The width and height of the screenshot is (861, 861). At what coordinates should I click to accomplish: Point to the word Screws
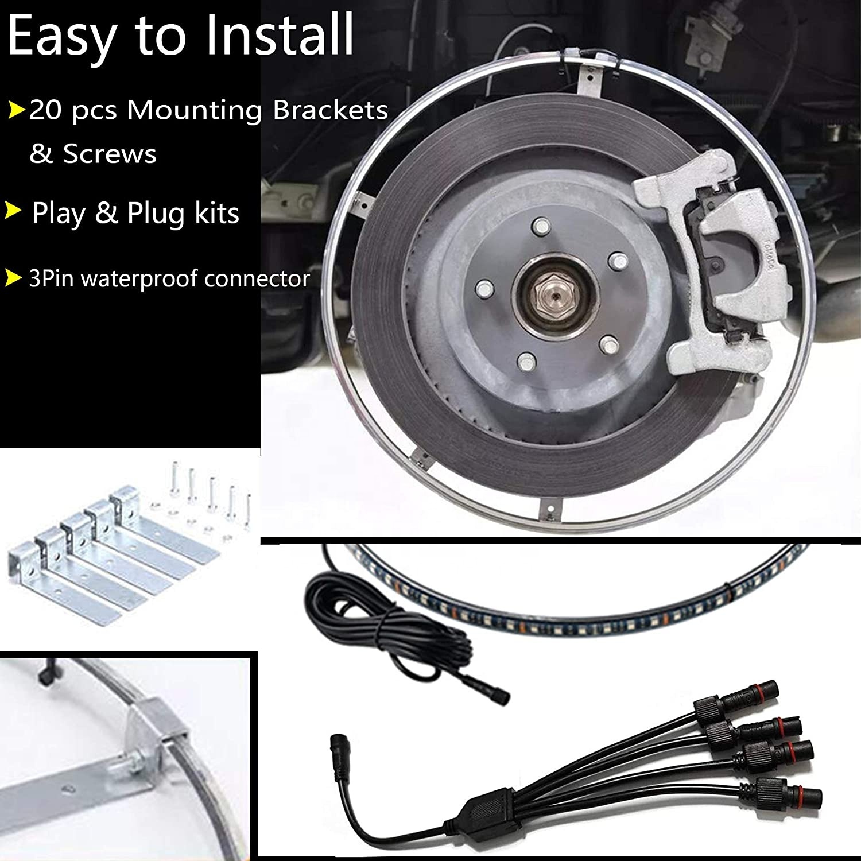[110, 154]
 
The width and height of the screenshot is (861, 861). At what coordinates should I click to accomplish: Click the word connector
[266, 279]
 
